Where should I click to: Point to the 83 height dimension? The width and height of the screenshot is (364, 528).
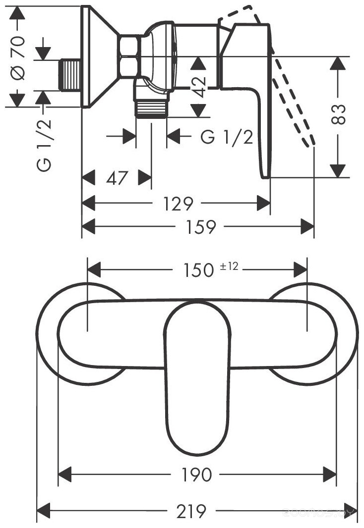click(338, 115)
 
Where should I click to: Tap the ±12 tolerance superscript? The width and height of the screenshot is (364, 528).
click(229, 267)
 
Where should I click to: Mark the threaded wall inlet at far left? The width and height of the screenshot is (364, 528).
click(70, 75)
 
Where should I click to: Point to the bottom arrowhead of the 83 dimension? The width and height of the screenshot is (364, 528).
click(338, 170)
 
